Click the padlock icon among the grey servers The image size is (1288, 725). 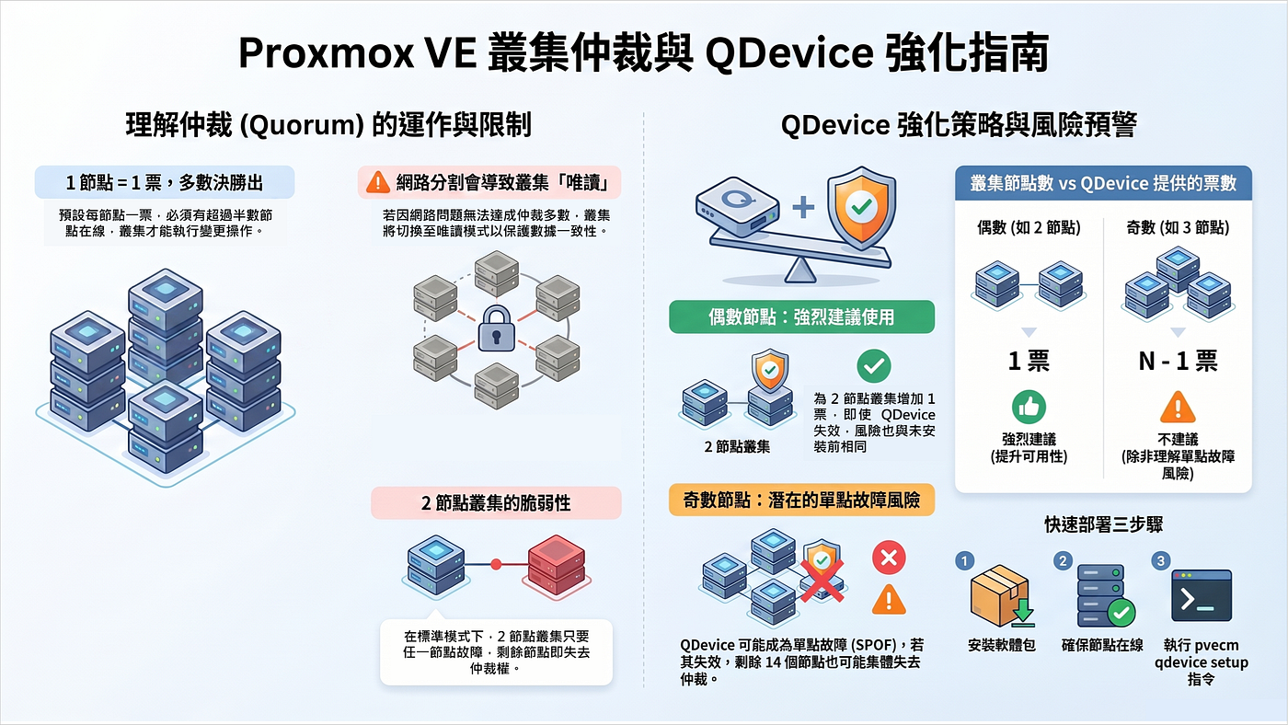point(496,328)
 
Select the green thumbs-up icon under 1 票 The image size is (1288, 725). point(1029,407)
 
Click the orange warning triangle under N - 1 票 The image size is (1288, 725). point(1178,407)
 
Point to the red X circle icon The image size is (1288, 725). point(889,558)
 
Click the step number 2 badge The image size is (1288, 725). point(1063,560)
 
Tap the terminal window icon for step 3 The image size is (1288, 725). point(1202,595)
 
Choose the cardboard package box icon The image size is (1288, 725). point(1001,595)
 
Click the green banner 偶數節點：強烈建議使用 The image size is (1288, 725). point(801,316)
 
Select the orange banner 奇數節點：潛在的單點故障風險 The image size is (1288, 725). point(801,500)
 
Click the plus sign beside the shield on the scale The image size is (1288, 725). point(803,207)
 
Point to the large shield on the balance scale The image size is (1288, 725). point(861,208)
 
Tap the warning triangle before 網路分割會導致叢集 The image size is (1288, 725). point(378,181)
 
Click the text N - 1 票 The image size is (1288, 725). point(1178,361)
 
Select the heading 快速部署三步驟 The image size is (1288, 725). point(1103,524)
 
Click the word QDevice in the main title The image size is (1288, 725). point(789,52)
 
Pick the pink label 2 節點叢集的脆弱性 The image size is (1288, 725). point(496,503)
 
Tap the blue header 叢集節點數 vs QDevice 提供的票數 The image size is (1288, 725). point(1103,183)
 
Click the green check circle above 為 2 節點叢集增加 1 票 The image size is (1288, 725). point(873,365)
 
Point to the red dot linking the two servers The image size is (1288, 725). point(496,565)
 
